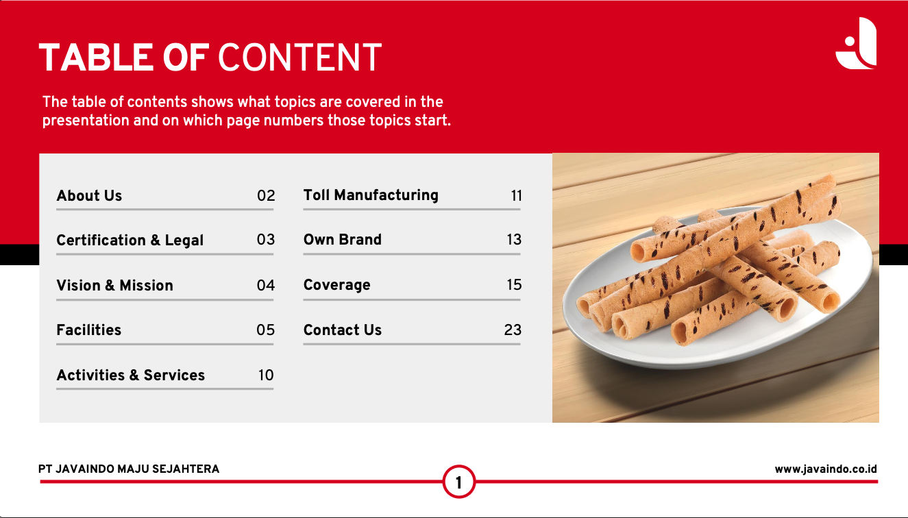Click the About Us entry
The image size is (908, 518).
coord(89,195)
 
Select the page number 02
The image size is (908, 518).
coord(266,196)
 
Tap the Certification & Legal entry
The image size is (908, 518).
coord(130,241)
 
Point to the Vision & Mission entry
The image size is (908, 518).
coord(114,285)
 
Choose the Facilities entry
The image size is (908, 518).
coord(89,330)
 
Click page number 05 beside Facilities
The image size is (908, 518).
coord(265,330)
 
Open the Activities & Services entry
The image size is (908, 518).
coord(130,375)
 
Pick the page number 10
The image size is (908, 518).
coord(266,375)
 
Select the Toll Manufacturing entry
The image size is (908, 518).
coord(371,195)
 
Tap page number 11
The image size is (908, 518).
coord(517,196)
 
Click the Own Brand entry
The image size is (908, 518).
coord(343,240)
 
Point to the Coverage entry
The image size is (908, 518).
coord(337,285)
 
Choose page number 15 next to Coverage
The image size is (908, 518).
coord(514,284)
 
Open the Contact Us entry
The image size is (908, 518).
coord(343,330)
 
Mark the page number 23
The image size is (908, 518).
coord(513,330)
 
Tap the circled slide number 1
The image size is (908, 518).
coord(459,482)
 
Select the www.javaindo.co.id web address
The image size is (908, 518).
coord(826,469)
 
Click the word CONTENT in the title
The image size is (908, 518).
coord(300,58)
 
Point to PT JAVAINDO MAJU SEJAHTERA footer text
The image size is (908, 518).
coord(129,469)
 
